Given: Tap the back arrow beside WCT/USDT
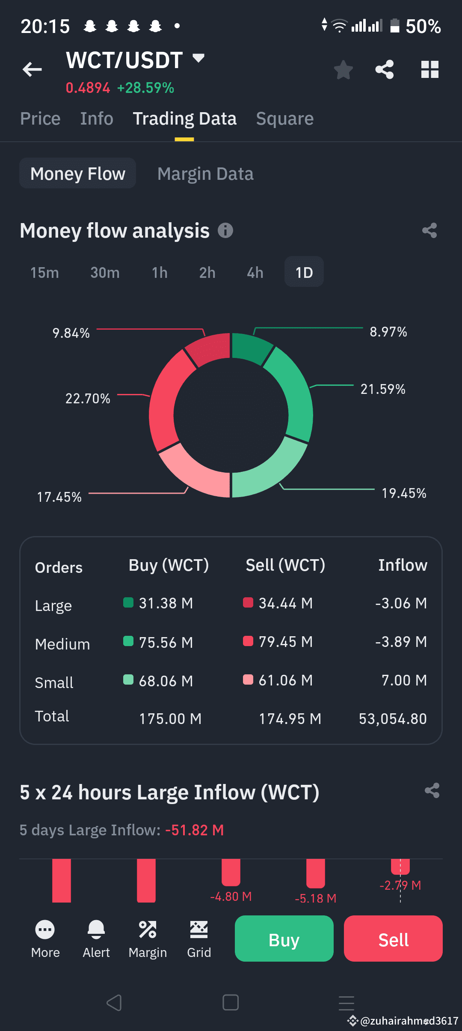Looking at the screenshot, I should coord(32,69).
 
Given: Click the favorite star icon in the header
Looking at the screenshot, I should coord(343,70).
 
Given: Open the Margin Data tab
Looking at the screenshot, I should coord(205,174).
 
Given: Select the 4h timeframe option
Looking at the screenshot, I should coord(255,272).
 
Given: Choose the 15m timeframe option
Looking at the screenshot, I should coord(44,272).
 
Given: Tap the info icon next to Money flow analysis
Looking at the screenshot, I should coord(225,230).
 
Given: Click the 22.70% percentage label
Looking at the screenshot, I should coord(88,399).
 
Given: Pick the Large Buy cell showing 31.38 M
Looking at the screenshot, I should coord(166,603).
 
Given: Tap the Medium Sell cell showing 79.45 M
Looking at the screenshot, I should coord(285,642).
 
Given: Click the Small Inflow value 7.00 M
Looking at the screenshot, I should coord(404,680).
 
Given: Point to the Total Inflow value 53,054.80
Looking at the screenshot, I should coord(393,719).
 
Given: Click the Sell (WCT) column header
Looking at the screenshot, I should coord(285,565).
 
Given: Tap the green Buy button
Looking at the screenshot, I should coord(284,939).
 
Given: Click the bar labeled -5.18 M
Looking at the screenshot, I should coord(316,873).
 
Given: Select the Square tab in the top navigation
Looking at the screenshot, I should coord(285,119).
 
